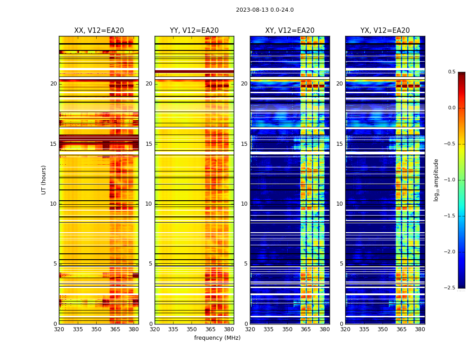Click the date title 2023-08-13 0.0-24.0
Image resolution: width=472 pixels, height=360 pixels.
(265, 10)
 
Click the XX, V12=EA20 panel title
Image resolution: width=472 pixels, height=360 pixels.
(99, 31)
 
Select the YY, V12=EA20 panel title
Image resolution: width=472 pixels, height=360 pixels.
(194, 31)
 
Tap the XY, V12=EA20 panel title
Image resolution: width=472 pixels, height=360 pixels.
(290, 31)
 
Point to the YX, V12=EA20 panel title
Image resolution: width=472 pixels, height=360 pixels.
(385, 31)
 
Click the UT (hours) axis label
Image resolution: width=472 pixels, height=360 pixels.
(44, 180)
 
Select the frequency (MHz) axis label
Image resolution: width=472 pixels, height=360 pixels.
(217, 338)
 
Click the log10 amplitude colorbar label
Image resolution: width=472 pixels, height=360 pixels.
(436, 180)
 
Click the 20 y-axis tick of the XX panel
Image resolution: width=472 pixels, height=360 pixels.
(53, 84)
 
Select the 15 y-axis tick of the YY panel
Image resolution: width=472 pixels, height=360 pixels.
(149, 144)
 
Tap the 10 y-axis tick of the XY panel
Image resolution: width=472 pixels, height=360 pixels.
(244, 204)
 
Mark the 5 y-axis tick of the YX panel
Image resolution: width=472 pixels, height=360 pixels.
(341, 264)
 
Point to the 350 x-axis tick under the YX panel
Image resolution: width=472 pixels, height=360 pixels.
(383, 329)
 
